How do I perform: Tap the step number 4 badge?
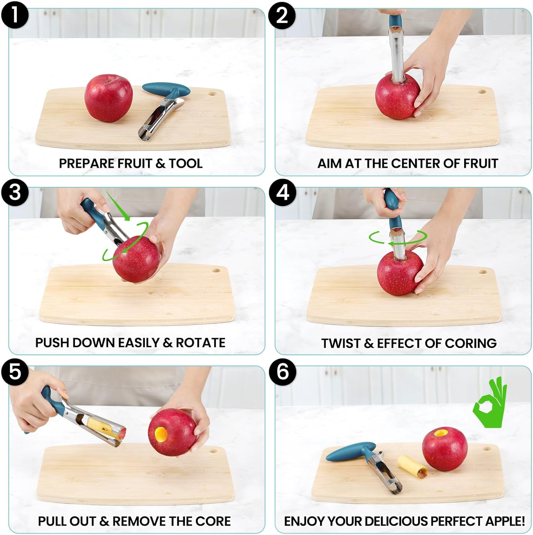point(282,193)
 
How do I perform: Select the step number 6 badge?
point(282,372)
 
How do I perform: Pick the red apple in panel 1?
point(108,98)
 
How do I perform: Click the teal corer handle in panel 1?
point(166,89)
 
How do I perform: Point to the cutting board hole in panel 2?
point(482,92)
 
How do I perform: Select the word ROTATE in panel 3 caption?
point(200,343)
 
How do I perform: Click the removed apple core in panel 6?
point(411,467)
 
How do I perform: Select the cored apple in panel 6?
point(445,449)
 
